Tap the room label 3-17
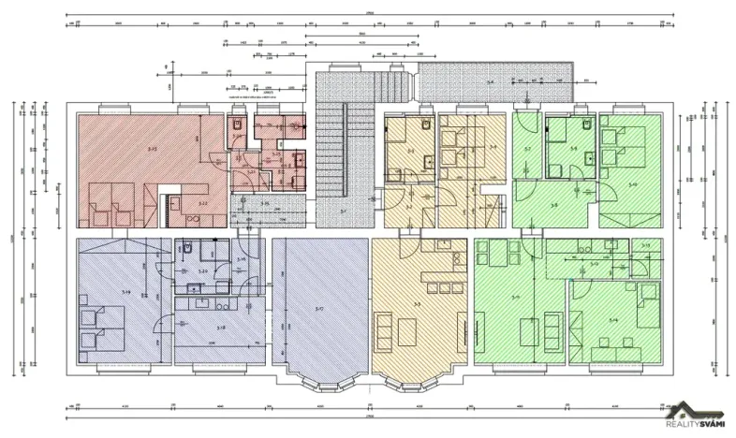tap(318, 308)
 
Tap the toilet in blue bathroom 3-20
tap(187, 248)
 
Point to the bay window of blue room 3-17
tap(319, 378)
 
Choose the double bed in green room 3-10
tap(619, 140)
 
